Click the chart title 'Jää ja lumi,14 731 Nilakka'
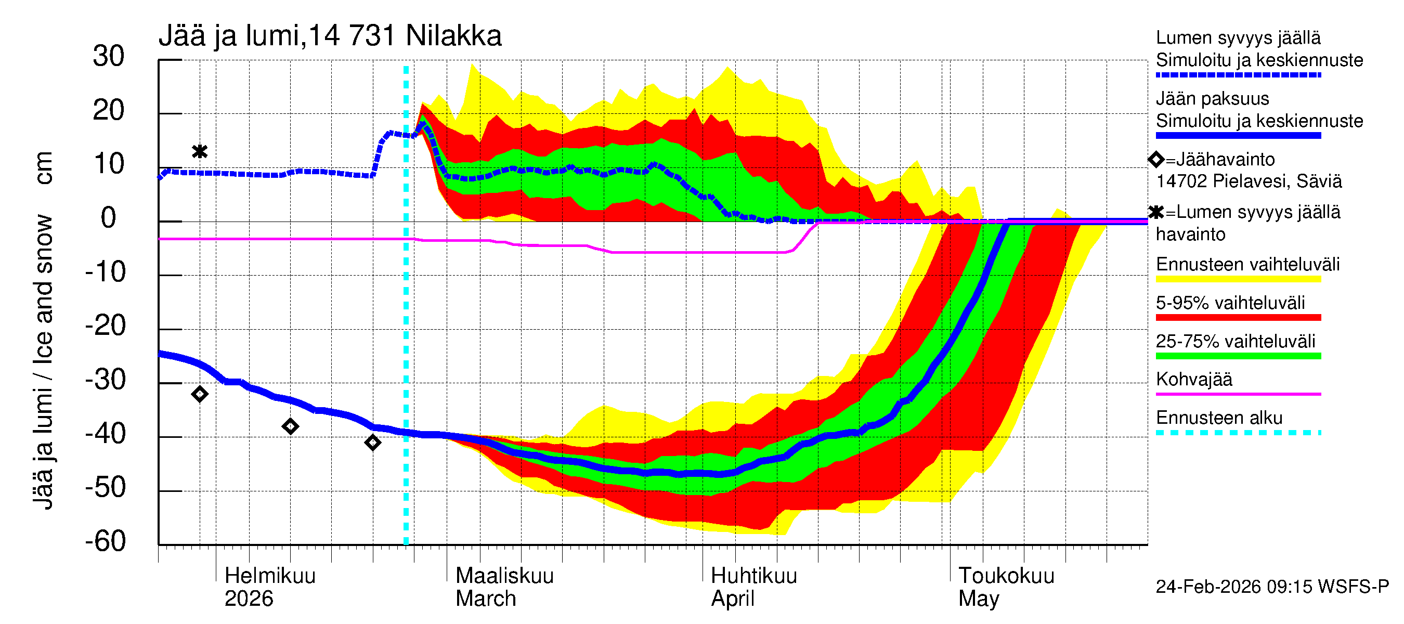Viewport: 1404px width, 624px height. coord(330,36)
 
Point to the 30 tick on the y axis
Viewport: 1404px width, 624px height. coord(109,57)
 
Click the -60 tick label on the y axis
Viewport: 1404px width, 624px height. coord(106,541)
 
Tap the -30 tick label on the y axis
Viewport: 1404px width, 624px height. coord(106,380)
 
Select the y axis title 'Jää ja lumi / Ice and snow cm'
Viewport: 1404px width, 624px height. coord(43,330)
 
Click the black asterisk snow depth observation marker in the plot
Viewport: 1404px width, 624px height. coord(200,151)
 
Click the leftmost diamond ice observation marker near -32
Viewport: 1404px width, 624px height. coord(200,394)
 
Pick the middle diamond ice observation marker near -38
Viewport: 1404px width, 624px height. coord(291,426)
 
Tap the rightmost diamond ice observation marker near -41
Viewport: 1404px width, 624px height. coord(373,443)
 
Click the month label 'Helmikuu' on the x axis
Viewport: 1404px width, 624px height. coord(270,576)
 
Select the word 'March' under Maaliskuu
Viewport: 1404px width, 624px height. coord(486,599)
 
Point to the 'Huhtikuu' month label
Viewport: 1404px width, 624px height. coord(754,576)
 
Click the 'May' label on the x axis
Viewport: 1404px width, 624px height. coord(979,599)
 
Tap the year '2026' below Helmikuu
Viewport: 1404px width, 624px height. coord(249,599)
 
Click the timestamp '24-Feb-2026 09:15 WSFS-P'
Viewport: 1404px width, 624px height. coord(1272,587)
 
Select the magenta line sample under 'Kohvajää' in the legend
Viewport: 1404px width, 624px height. coord(1238,394)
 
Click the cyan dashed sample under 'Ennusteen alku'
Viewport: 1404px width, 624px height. coord(1238,433)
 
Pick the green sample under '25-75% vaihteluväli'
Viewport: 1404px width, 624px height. coord(1238,356)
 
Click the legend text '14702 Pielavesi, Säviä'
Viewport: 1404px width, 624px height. coord(1249,181)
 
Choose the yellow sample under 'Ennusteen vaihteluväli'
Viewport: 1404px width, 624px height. coord(1238,279)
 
